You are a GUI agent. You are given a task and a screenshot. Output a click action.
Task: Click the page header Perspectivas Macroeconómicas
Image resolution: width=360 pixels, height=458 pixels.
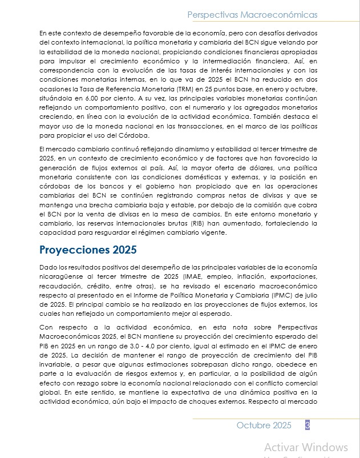pos(252,14)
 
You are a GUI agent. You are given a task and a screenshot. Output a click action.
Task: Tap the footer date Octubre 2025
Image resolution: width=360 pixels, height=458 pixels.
pos(264,425)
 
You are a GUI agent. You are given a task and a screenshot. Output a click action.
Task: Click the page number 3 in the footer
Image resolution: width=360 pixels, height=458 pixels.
pos(308,425)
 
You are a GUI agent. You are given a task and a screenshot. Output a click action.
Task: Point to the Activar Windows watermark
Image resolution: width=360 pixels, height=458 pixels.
pos(306,447)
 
